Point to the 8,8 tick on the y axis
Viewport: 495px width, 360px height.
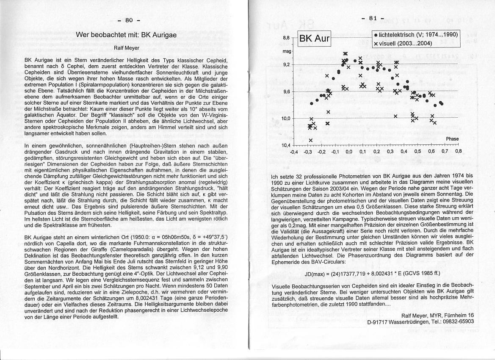pyautogui.click(x=286, y=38)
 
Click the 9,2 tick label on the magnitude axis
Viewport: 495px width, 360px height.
pyautogui.click(x=286, y=64)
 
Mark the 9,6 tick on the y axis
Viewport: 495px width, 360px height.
pyautogui.click(x=286, y=91)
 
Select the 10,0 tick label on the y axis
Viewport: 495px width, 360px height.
pyautogui.click(x=285, y=118)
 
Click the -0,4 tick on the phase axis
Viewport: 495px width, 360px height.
pyautogui.click(x=294, y=151)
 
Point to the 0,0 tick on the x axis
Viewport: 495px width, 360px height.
pyautogui.click(x=349, y=151)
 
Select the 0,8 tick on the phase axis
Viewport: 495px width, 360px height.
pyautogui.click(x=458, y=151)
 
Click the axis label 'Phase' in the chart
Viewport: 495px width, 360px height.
pyautogui.click(x=452, y=138)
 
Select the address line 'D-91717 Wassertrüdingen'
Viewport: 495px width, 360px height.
pyautogui.click(x=420, y=321)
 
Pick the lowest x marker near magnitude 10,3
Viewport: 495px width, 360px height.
pyautogui.click(x=310, y=140)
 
